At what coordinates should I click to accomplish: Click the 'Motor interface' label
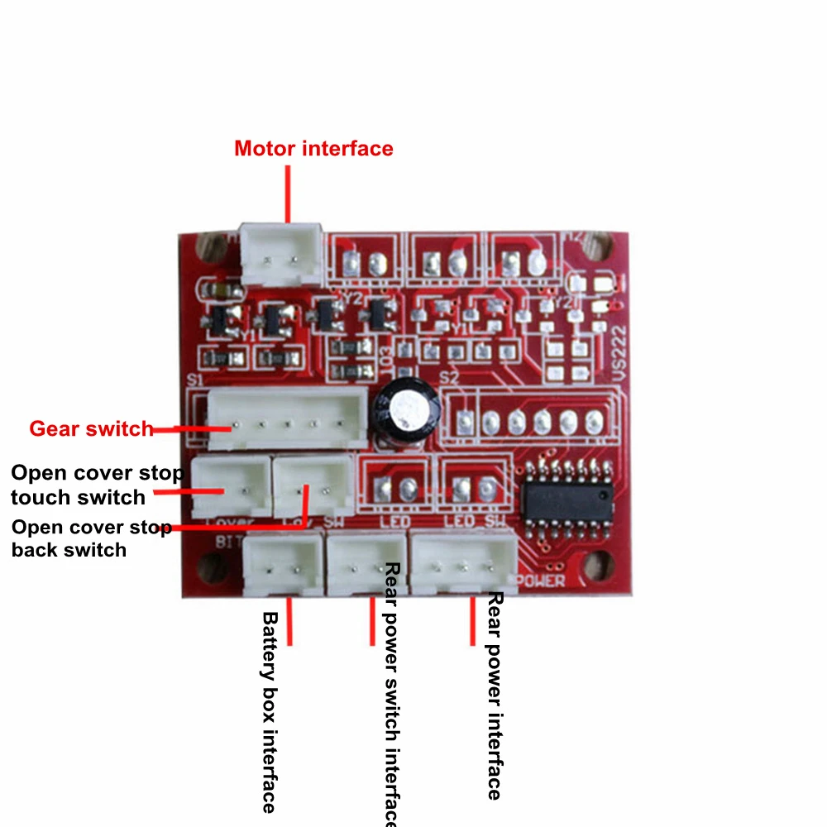click(313, 149)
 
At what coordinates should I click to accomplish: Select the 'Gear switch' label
click(91, 428)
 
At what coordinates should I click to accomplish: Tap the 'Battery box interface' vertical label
click(269, 711)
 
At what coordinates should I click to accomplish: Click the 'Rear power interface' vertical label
click(495, 695)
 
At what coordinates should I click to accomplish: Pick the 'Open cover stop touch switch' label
click(95, 485)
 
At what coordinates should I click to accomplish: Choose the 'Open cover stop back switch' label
click(91, 538)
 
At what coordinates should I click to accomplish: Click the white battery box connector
click(283, 564)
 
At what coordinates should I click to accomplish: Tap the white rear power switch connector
click(366, 564)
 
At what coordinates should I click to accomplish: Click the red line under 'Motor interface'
click(288, 194)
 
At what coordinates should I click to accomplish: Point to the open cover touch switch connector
click(231, 487)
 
